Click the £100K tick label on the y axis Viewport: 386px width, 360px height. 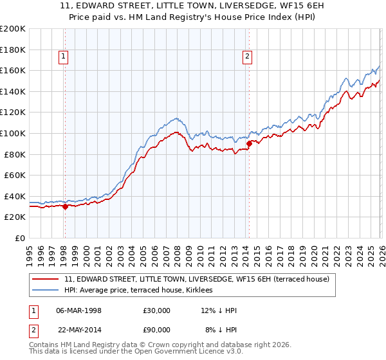click(x=13, y=133)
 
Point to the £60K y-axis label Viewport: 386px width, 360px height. click(x=15, y=175)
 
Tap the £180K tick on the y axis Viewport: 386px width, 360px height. click(x=13, y=50)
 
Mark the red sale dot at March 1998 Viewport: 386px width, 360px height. click(x=65, y=206)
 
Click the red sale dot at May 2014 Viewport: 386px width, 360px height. click(x=249, y=144)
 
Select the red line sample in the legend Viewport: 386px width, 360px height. click(x=46, y=279)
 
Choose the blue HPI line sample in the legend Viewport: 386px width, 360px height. click(x=46, y=291)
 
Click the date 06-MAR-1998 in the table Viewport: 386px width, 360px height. click(x=78, y=310)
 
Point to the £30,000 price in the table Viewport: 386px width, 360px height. click(x=157, y=310)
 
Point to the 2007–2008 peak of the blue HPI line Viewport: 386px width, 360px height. click(x=177, y=118)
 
